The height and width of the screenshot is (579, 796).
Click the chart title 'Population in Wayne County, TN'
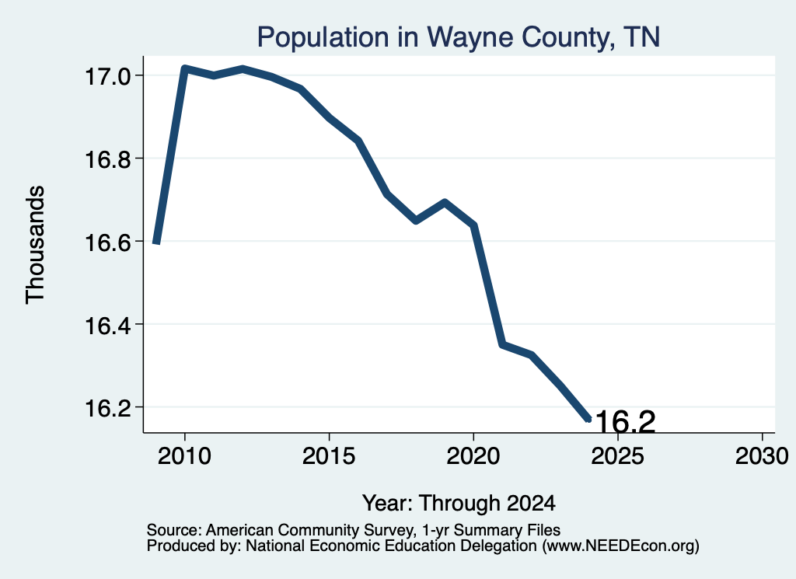coord(459,37)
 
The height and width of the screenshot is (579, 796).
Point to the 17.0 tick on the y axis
coord(107,77)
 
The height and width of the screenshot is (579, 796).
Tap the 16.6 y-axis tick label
coord(107,242)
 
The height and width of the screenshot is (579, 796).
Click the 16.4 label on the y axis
coord(107,326)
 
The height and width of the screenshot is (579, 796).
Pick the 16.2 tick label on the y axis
coord(107,408)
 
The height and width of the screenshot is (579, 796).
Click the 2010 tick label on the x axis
coord(184,456)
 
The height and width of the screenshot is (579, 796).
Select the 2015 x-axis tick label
coord(329,456)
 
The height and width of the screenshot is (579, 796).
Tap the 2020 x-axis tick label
coord(473,456)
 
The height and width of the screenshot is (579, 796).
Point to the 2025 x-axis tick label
coord(617,456)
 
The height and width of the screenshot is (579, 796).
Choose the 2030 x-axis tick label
coord(762,456)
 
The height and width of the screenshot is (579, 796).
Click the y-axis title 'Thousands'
coord(36,245)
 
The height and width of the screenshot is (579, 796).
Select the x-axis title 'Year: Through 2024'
coord(459,504)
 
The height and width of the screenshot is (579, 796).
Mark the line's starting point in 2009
coord(156,243)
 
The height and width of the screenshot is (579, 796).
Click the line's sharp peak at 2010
coord(185,68)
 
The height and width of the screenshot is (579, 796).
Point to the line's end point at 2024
coord(589,419)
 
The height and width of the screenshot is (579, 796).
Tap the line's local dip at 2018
coord(416,221)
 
